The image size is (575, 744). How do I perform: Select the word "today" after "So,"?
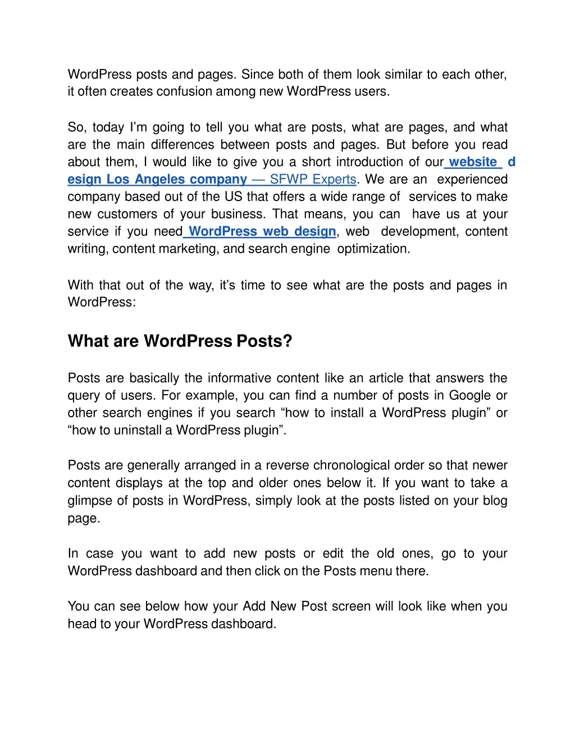coord(108,127)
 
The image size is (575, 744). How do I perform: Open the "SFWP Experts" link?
coord(313,180)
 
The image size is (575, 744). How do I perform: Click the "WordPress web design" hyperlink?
coord(262,232)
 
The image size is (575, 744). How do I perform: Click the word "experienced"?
coord(472,180)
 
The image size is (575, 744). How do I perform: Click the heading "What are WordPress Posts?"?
coord(180,341)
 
